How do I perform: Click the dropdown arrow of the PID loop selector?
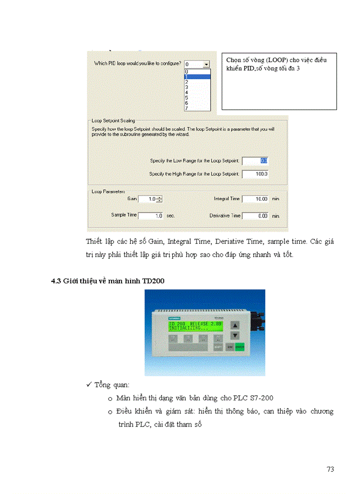[x=206, y=64]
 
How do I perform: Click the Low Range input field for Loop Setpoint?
[x=255, y=161]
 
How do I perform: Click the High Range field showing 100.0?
[x=255, y=174]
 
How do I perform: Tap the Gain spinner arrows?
[x=159, y=199]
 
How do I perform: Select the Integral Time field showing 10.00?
[x=255, y=199]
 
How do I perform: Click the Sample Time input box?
[x=150, y=216]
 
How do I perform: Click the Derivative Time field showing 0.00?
[x=255, y=216]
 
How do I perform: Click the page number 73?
[x=330, y=469]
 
